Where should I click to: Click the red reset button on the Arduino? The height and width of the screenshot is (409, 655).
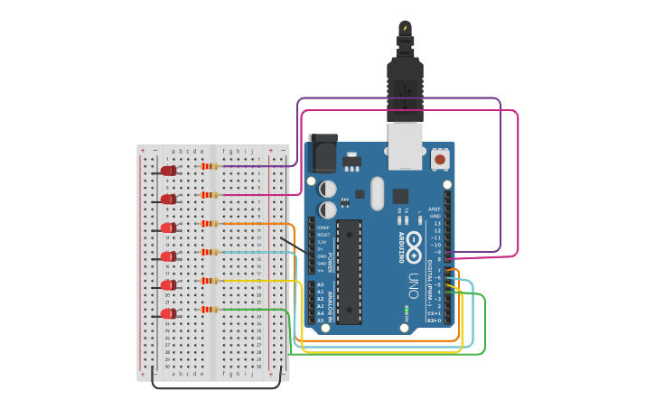click(x=440, y=160)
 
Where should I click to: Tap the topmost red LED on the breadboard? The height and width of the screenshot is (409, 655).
click(x=168, y=171)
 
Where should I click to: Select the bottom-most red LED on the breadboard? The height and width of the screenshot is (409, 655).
click(x=168, y=314)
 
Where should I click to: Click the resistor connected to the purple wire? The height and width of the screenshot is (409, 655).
click(x=211, y=166)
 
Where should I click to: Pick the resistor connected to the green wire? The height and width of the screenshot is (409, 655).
click(x=211, y=310)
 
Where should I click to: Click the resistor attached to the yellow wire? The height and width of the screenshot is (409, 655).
click(x=211, y=281)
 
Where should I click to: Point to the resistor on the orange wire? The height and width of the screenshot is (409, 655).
click(x=211, y=223)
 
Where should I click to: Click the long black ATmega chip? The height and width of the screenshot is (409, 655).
click(x=350, y=271)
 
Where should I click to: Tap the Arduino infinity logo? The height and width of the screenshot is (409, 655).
click(x=414, y=242)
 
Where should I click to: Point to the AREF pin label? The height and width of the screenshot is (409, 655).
click(x=435, y=209)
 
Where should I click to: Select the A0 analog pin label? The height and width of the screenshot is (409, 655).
click(x=320, y=284)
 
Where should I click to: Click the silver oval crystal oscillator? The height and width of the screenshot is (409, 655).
click(x=377, y=192)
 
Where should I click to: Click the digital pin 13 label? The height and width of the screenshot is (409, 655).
click(x=437, y=223)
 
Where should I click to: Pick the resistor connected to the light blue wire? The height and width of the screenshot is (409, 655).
click(x=211, y=252)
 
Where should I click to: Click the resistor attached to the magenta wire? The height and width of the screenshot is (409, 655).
click(x=211, y=195)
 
